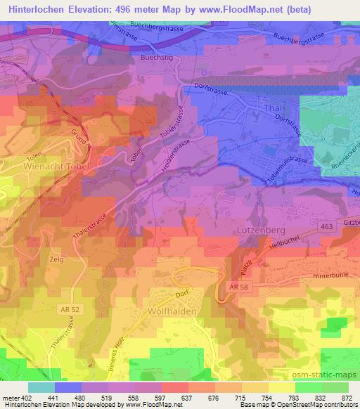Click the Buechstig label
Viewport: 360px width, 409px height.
click(155, 59)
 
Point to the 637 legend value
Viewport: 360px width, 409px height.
click(187, 398)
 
